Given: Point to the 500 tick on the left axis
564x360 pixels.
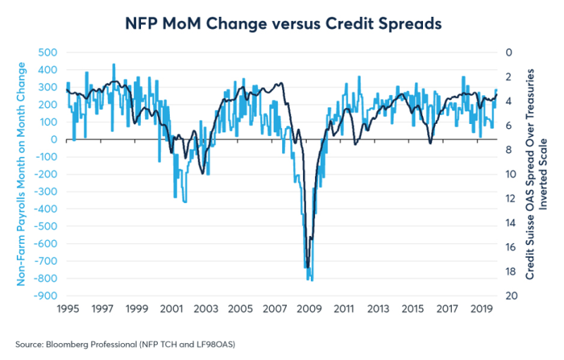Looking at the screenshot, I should (x=48, y=52).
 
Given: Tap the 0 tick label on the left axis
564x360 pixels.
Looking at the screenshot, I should (x=53, y=139).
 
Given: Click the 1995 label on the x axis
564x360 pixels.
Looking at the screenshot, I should (x=68, y=309).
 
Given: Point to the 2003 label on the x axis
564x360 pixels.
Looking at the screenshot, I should (x=206, y=309).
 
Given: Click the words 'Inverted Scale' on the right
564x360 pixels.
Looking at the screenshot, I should (x=543, y=174).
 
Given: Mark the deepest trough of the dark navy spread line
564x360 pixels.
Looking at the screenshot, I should (x=307, y=268).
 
